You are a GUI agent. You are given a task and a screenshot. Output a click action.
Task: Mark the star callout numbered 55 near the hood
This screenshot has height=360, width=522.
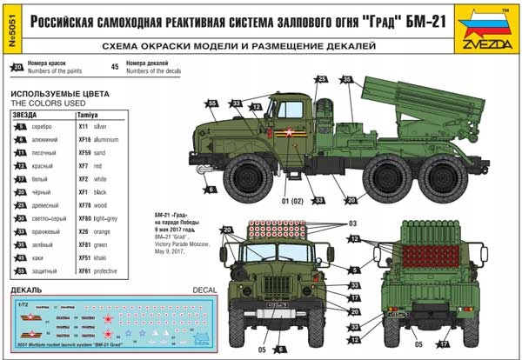click(211, 103)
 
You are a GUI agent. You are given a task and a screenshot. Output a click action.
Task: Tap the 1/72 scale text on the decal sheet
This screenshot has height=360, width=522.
click(23, 304)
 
